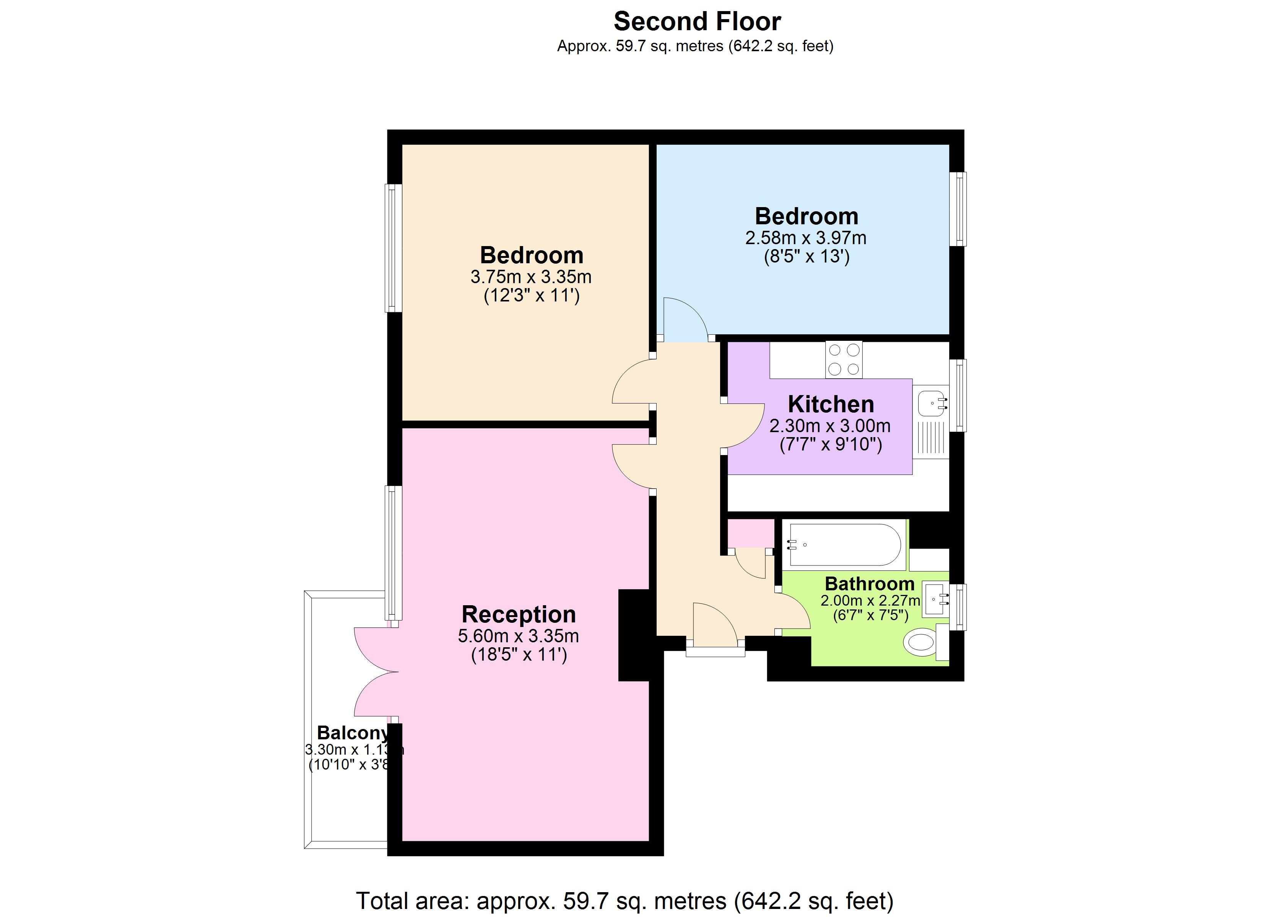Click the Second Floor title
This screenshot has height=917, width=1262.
pyautogui.click(x=697, y=22)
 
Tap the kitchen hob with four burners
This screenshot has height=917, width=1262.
pyautogui.click(x=844, y=359)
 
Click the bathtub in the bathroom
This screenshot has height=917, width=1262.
pyautogui.click(x=844, y=545)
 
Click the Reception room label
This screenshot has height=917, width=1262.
pyautogui.click(x=519, y=614)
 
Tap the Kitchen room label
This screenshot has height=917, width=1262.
pyautogui.click(x=831, y=404)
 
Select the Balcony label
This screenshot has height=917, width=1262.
pyautogui.click(x=352, y=732)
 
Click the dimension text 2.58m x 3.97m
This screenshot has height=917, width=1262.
pyautogui.click(x=806, y=238)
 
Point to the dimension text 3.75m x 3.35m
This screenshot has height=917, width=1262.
pyautogui.click(x=531, y=277)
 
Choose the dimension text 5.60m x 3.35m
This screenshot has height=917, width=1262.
pyautogui.click(x=518, y=636)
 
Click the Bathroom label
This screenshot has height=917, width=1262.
pyautogui.click(x=869, y=584)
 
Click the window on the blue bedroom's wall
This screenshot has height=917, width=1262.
pyautogui.click(x=957, y=209)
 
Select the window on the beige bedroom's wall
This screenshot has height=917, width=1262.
pyautogui.click(x=394, y=248)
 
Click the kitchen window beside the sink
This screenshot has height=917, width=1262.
pyautogui.click(x=957, y=395)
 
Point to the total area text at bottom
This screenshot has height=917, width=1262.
pyautogui.click(x=624, y=900)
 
